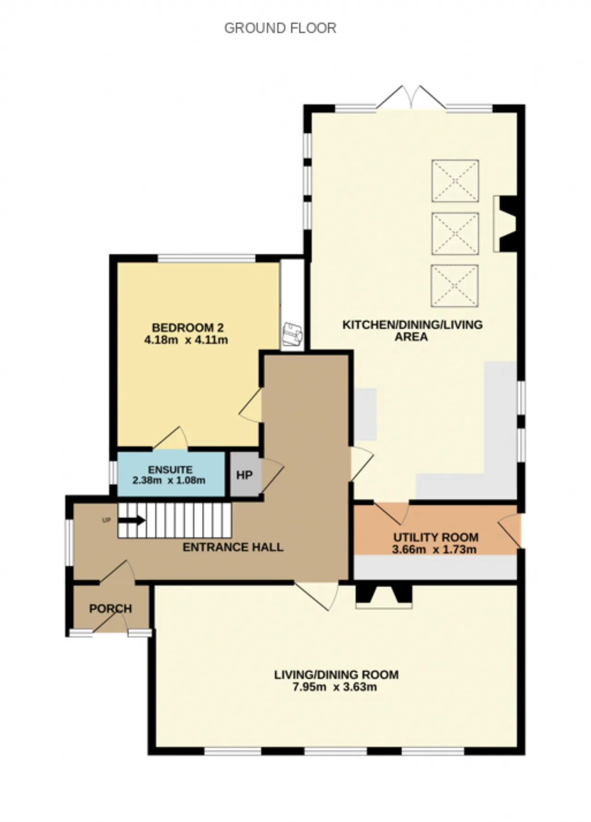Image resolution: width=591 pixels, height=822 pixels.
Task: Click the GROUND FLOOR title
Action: pyautogui.click(x=280, y=28)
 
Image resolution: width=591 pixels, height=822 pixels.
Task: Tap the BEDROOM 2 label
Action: pyautogui.click(x=187, y=328)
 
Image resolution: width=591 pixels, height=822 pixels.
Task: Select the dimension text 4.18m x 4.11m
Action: pyautogui.click(x=186, y=340)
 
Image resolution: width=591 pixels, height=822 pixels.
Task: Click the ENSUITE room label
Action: pyautogui.click(x=170, y=470)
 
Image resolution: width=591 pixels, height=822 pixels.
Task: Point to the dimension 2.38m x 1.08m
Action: pyautogui.click(x=169, y=480)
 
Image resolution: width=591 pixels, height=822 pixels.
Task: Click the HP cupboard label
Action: pyautogui.click(x=244, y=475)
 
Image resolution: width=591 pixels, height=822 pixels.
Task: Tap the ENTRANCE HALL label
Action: pyautogui.click(x=233, y=547)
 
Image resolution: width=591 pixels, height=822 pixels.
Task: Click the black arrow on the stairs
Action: pyautogui.click(x=132, y=521)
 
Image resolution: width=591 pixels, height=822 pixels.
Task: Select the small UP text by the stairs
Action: pyautogui.click(x=106, y=520)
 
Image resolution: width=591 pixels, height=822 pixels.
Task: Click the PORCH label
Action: pyautogui.click(x=110, y=609)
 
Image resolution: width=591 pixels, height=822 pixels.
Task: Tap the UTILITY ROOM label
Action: pyautogui.click(x=435, y=537)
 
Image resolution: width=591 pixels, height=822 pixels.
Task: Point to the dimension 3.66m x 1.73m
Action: pyautogui.click(x=434, y=550)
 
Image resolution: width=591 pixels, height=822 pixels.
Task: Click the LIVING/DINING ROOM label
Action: pyautogui.click(x=336, y=675)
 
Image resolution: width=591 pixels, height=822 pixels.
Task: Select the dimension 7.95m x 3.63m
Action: pyautogui.click(x=335, y=687)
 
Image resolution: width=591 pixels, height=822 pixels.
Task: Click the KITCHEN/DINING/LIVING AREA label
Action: pyautogui.click(x=412, y=330)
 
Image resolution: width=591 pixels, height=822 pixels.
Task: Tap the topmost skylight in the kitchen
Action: pyautogui.click(x=455, y=181)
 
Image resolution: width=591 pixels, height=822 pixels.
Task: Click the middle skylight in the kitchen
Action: pyautogui.click(x=455, y=234)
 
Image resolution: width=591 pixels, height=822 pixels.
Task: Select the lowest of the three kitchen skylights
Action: pyautogui.click(x=455, y=286)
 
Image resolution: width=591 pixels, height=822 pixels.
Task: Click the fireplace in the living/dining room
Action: pyautogui.click(x=384, y=596)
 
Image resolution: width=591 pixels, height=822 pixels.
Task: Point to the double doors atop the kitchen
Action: pyautogui.click(x=411, y=97)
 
